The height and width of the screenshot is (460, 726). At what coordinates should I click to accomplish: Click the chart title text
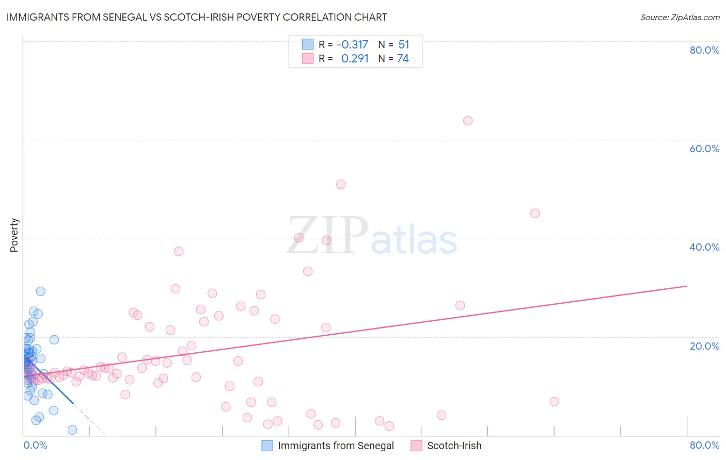(196, 17)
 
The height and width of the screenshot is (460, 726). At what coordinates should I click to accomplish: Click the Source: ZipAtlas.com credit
(680, 17)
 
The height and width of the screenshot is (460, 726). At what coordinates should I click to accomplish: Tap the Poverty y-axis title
(14, 235)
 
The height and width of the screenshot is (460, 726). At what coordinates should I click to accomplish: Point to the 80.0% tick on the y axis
(704, 50)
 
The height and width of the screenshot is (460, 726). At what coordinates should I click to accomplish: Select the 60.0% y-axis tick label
(704, 149)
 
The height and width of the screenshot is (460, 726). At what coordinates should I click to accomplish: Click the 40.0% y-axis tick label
(704, 247)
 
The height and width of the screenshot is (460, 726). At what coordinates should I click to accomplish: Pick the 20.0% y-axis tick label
(704, 346)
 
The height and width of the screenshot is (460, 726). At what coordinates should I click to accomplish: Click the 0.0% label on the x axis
(35, 445)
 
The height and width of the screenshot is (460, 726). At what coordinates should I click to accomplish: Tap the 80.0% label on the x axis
(704, 445)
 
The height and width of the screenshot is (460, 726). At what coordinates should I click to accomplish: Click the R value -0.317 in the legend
(352, 45)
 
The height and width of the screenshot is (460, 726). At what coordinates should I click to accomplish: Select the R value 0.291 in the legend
(355, 59)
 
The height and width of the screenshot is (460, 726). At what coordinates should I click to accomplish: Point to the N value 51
(403, 45)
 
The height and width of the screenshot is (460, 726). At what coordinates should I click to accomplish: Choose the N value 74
(403, 59)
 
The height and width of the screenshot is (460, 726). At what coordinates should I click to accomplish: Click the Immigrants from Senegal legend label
(336, 446)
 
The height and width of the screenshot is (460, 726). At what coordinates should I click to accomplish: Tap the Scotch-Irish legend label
(454, 446)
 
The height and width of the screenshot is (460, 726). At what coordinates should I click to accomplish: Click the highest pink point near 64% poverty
(468, 121)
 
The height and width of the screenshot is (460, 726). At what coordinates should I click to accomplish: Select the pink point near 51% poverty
(340, 184)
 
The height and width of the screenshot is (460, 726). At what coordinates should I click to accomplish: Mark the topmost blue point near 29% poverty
(40, 291)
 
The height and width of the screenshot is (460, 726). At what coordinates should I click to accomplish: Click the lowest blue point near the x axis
(72, 430)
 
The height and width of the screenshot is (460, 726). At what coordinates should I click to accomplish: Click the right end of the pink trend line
(687, 286)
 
